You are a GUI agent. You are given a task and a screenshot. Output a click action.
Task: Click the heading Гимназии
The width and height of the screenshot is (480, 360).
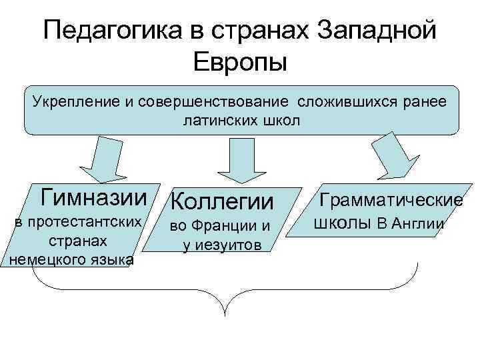93,197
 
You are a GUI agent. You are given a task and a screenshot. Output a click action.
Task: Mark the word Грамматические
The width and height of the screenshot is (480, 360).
391,199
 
